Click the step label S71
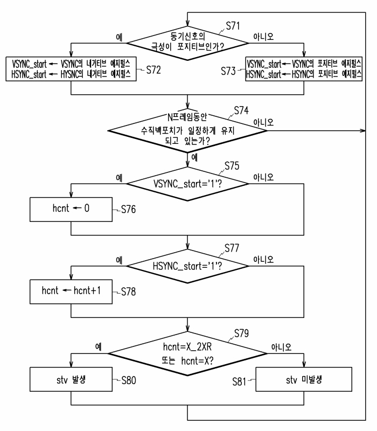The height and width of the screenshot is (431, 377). tap(233, 26)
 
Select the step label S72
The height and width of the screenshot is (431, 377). tap(153, 70)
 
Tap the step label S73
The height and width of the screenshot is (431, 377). tap(228, 71)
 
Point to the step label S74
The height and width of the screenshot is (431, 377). tap(241, 110)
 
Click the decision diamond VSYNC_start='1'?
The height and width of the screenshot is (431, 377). tap(187, 184)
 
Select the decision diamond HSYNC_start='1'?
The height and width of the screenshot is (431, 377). tap(187, 266)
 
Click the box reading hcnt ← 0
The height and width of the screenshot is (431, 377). tap(71, 209)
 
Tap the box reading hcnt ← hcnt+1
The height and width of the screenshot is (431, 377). tap(71, 291)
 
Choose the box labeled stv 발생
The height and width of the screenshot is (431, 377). tap(71, 379)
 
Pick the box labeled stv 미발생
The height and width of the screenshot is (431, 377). tap(304, 379)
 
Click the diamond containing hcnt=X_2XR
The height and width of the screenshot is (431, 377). tap(187, 353)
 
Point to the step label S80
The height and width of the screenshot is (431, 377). tap(129, 380)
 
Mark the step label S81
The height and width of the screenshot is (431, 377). tap(239, 382)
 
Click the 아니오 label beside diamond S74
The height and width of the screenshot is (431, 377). tap(263, 122)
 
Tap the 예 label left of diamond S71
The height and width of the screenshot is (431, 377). tap(119, 37)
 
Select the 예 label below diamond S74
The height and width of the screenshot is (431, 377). tap(194, 157)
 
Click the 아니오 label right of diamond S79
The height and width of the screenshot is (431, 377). tap(281, 347)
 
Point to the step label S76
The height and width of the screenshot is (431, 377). tap(128, 210)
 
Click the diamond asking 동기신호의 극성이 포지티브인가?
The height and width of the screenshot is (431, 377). tap(187, 43)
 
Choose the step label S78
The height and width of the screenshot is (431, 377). tap(128, 291)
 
